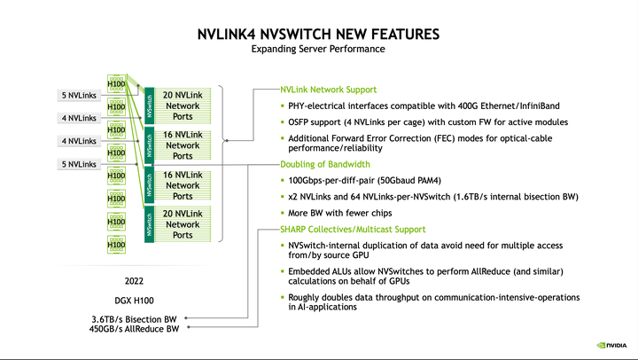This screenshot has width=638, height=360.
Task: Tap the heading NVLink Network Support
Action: point(328,90)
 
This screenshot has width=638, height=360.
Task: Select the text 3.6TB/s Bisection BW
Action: point(134,317)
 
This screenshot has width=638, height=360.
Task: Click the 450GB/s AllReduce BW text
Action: point(133,329)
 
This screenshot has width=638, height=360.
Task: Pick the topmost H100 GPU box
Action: point(116,84)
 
